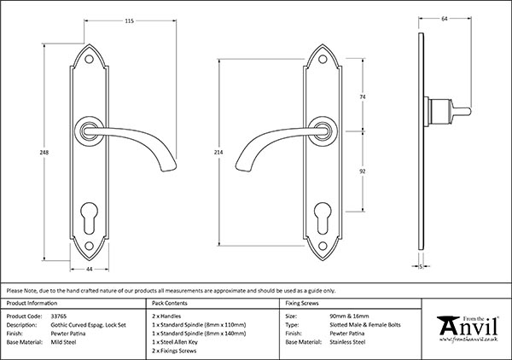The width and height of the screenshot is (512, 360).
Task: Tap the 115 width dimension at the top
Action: click(107, 21)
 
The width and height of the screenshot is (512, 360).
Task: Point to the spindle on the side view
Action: click(457, 110)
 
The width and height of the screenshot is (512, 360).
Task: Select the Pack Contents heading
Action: click(169, 303)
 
